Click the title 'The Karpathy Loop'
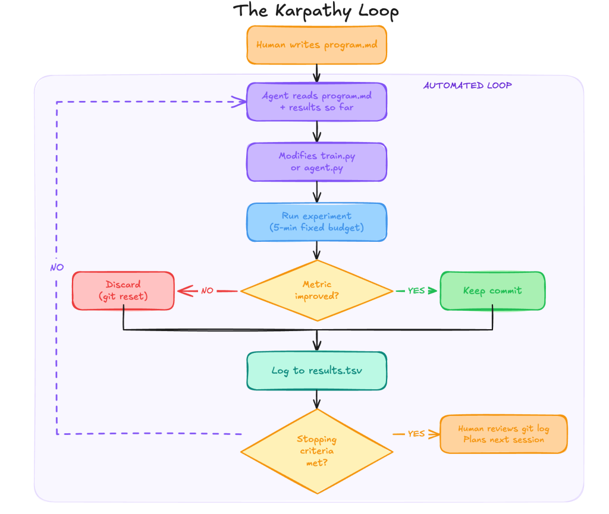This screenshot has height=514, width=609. pyautogui.click(x=316, y=11)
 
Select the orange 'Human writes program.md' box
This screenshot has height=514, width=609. pyautogui.click(x=316, y=45)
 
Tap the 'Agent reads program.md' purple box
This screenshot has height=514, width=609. pyautogui.click(x=316, y=102)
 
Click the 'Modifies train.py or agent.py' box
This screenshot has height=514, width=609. pyautogui.click(x=316, y=162)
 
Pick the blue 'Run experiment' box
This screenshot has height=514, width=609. pyautogui.click(x=316, y=222)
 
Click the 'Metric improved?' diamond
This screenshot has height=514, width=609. pyautogui.click(x=316, y=291)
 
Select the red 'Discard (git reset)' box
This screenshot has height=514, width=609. pyautogui.click(x=123, y=291)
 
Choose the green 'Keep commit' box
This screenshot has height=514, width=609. pyautogui.click(x=492, y=291)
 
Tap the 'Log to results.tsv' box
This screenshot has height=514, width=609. pyautogui.click(x=316, y=371)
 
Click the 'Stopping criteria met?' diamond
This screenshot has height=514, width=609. pyautogui.click(x=316, y=451)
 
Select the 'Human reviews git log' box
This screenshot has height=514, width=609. pyautogui.click(x=503, y=434)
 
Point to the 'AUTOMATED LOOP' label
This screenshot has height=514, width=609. pyautogui.click(x=467, y=86)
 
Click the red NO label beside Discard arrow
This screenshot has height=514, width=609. pyautogui.click(x=207, y=291)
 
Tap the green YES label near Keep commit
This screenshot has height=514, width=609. pyautogui.click(x=416, y=291)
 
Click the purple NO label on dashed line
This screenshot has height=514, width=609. pyautogui.click(x=57, y=267)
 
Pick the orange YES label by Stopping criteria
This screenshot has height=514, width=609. pyautogui.click(x=416, y=434)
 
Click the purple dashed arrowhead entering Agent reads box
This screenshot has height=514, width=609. pyautogui.click(x=240, y=102)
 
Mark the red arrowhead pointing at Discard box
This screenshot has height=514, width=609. pyautogui.click(x=184, y=291)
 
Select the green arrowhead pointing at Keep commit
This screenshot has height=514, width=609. pyautogui.click(x=432, y=291)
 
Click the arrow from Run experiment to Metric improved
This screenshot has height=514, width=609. pyautogui.click(x=316, y=250)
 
